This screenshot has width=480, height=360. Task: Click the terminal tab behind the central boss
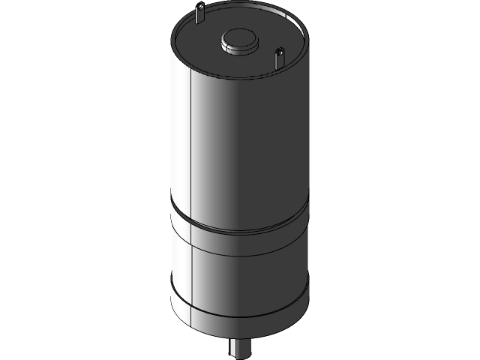coord(201,13)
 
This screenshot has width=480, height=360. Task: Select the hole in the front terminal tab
coord(279,53)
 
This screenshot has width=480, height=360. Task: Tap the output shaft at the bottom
coord(239,346)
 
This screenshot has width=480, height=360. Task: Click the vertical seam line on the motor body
coord(193,142)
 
